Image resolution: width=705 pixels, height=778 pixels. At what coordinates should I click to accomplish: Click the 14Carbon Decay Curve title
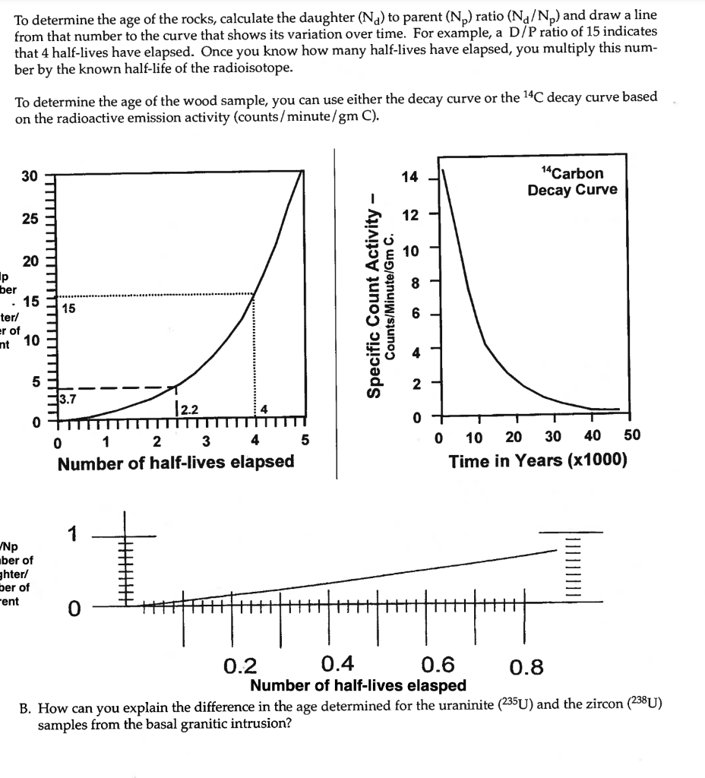pyautogui.click(x=572, y=182)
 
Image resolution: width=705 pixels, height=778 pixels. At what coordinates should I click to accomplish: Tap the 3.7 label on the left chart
pyautogui.click(x=67, y=397)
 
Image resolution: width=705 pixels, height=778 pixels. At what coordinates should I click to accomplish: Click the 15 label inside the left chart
pyautogui.click(x=68, y=308)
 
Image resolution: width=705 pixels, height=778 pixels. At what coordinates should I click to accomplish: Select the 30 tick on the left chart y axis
pyautogui.click(x=29, y=176)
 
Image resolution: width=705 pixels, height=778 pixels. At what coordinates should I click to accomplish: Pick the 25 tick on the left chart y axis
pyautogui.click(x=29, y=219)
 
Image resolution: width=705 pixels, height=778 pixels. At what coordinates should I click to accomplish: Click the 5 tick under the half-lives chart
pyautogui.click(x=305, y=440)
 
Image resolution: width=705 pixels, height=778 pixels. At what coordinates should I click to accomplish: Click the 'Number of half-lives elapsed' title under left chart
pyautogui.click(x=175, y=462)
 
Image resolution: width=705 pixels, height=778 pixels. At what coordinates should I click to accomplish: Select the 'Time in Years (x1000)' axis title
pyautogui.click(x=538, y=461)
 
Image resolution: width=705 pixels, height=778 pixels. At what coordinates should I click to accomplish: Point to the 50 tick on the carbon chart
pyautogui.click(x=631, y=435)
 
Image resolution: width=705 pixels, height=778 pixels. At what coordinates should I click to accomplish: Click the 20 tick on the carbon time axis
pyautogui.click(x=514, y=435)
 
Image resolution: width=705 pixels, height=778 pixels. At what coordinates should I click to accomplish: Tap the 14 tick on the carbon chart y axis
pyautogui.click(x=409, y=178)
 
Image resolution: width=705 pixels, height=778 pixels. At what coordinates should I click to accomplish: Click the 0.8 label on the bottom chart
pyautogui.click(x=526, y=667)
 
